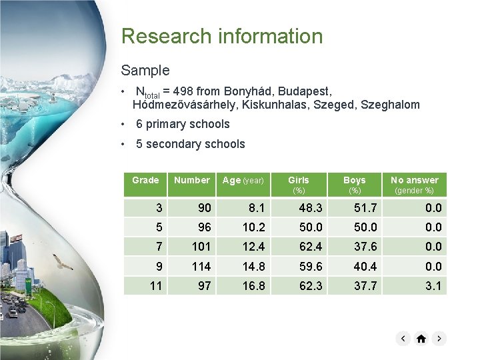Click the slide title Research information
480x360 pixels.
221,36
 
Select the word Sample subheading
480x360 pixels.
145,70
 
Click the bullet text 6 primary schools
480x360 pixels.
182,124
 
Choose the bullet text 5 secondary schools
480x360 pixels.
190,144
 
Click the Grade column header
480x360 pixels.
145,180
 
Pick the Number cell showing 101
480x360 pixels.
201,247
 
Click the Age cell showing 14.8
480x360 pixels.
253,266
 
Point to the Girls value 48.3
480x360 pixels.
310,208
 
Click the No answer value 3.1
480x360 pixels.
433,286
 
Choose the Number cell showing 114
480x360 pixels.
201,266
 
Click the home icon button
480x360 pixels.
421,339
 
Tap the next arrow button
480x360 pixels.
439,339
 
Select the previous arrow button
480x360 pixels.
403,339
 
